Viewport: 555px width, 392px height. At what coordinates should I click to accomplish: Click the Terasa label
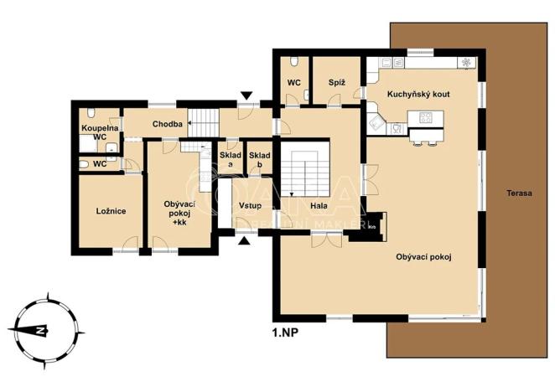tap(519, 193)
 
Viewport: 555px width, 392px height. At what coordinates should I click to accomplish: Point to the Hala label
tap(319, 206)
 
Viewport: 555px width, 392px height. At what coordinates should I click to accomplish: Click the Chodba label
tap(168, 125)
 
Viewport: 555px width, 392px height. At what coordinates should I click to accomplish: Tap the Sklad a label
tap(230, 159)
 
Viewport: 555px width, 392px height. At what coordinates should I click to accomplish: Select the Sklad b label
tap(260, 159)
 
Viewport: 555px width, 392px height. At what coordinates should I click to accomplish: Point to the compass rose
tap(39, 329)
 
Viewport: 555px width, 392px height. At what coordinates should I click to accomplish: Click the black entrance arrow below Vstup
tap(244, 241)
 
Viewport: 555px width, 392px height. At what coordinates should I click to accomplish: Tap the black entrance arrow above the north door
tap(245, 96)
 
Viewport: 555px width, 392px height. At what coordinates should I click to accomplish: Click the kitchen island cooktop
tap(425, 117)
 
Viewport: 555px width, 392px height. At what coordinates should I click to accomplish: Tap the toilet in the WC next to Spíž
tap(293, 62)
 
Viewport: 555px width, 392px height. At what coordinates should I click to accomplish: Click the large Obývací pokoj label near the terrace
tap(423, 257)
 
